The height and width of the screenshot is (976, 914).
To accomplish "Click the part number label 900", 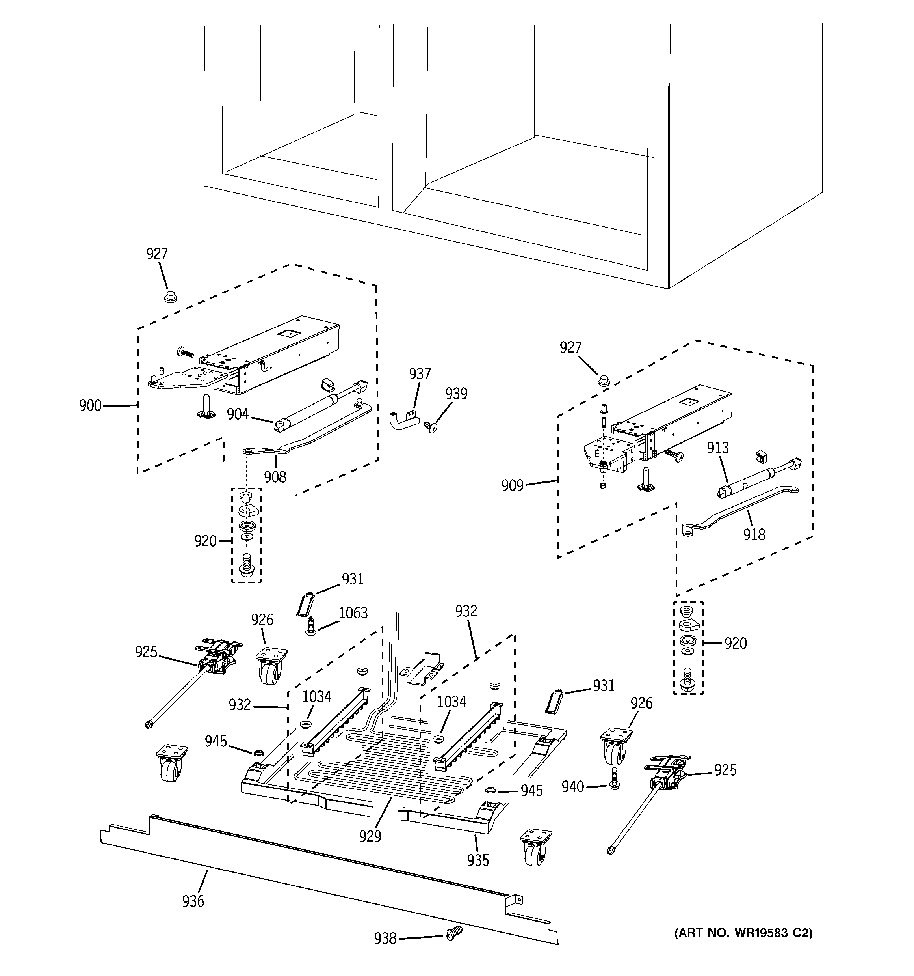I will [90, 405].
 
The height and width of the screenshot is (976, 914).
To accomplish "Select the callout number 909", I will [512, 485].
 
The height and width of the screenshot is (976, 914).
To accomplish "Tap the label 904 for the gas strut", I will [238, 414].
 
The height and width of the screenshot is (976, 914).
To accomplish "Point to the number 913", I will [718, 448].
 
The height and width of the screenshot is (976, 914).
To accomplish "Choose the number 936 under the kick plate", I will [193, 901].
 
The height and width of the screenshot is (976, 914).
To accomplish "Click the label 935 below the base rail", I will [478, 860].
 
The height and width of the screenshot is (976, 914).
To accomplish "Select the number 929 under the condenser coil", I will [370, 836].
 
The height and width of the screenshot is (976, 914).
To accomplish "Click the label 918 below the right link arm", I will [754, 534].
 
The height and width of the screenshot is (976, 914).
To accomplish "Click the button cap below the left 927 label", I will [170, 297].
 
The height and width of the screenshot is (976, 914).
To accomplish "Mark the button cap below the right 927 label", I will [604, 380].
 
